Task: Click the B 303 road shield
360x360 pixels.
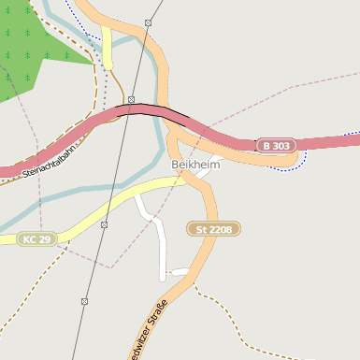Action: click(x=276, y=146)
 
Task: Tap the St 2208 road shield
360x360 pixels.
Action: click(x=214, y=229)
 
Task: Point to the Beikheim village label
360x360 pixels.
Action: click(x=194, y=165)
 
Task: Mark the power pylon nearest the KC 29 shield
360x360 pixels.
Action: click(x=104, y=224)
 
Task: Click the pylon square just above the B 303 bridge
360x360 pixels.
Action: click(x=132, y=99)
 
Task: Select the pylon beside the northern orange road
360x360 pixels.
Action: click(x=149, y=22)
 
